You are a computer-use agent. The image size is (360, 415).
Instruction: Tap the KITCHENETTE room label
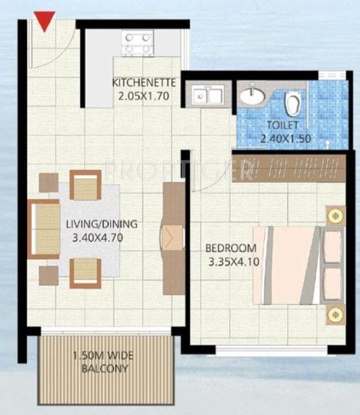(145, 83)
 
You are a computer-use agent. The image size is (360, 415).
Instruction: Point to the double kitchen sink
(208, 96)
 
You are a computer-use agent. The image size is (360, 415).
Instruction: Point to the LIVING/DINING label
(102, 224)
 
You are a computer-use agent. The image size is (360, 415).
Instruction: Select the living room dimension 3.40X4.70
(102, 238)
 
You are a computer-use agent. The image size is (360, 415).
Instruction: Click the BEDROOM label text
(231, 247)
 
